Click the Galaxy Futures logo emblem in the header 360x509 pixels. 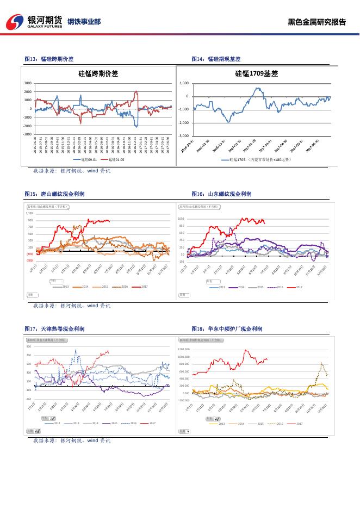[15, 22]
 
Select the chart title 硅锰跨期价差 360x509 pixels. [98, 73]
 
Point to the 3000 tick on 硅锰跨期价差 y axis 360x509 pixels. [28, 83]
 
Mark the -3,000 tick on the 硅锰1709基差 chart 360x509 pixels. [184, 136]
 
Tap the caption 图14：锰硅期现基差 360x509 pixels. [216, 59]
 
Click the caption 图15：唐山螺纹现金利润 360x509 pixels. [54, 194]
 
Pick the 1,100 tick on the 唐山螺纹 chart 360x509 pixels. [29, 214]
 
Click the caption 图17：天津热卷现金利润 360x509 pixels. [54, 329]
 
